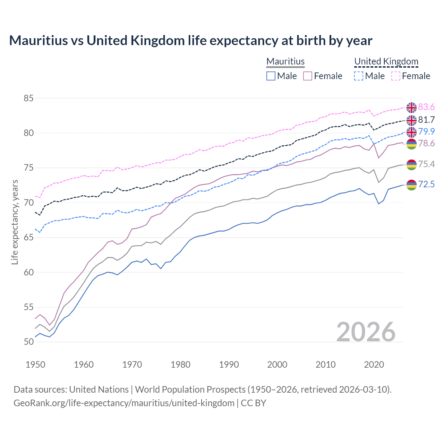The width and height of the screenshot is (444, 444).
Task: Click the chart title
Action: (x=190, y=41)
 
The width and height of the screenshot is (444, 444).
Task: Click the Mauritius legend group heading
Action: (x=285, y=61)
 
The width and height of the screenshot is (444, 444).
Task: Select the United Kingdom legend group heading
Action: (x=386, y=61)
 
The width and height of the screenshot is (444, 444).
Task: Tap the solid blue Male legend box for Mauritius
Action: (x=271, y=76)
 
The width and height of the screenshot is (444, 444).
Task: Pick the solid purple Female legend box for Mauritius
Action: (x=308, y=76)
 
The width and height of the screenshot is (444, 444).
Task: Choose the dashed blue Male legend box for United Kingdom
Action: (x=359, y=76)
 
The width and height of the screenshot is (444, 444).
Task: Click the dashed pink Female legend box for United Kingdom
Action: (x=396, y=76)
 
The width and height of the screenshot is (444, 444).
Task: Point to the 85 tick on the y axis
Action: (x=28, y=98)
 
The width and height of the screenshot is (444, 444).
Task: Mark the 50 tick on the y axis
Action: (x=28, y=342)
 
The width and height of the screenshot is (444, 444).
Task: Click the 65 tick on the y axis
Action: (x=28, y=238)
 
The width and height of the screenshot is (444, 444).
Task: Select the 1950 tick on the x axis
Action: (x=35, y=365)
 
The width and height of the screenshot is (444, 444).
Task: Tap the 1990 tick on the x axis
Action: (x=229, y=365)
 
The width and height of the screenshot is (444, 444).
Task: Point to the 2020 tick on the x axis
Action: (x=374, y=365)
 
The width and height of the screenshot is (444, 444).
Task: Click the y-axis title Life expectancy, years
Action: (x=15, y=222)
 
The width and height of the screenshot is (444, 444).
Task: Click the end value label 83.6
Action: (x=426, y=107)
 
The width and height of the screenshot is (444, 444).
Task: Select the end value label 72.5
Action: (x=426, y=184)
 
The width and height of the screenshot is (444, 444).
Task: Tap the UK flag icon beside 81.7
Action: (x=411, y=120)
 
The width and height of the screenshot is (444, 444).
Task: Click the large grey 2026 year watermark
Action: (x=366, y=332)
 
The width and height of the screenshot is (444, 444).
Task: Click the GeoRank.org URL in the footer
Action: (x=124, y=403)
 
